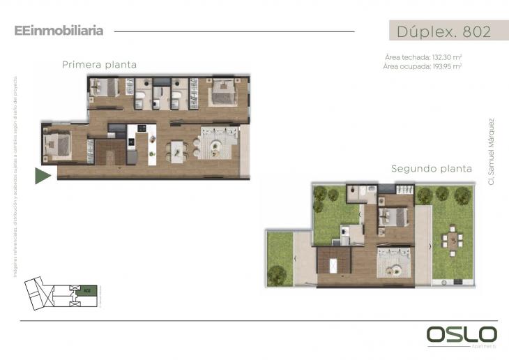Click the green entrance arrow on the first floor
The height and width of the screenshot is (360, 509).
click(x=42, y=176)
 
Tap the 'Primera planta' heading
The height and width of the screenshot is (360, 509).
click(x=99, y=65)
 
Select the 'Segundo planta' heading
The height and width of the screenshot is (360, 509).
click(x=432, y=168)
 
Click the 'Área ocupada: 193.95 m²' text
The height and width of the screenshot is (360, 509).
click(x=423, y=66)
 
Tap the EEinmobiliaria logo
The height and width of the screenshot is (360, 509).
click(x=59, y=31)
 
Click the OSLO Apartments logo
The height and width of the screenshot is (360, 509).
click(x=461, y=335)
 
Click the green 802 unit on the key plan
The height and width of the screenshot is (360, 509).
click(x=87, y=290)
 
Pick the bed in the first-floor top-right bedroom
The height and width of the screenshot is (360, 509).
click(x=222, y=92)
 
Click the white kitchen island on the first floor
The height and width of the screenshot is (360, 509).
click(x=151, y=144)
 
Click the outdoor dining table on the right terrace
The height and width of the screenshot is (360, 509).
click(x=450, y=239)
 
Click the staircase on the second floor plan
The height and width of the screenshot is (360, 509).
click(x=333, y=266)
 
